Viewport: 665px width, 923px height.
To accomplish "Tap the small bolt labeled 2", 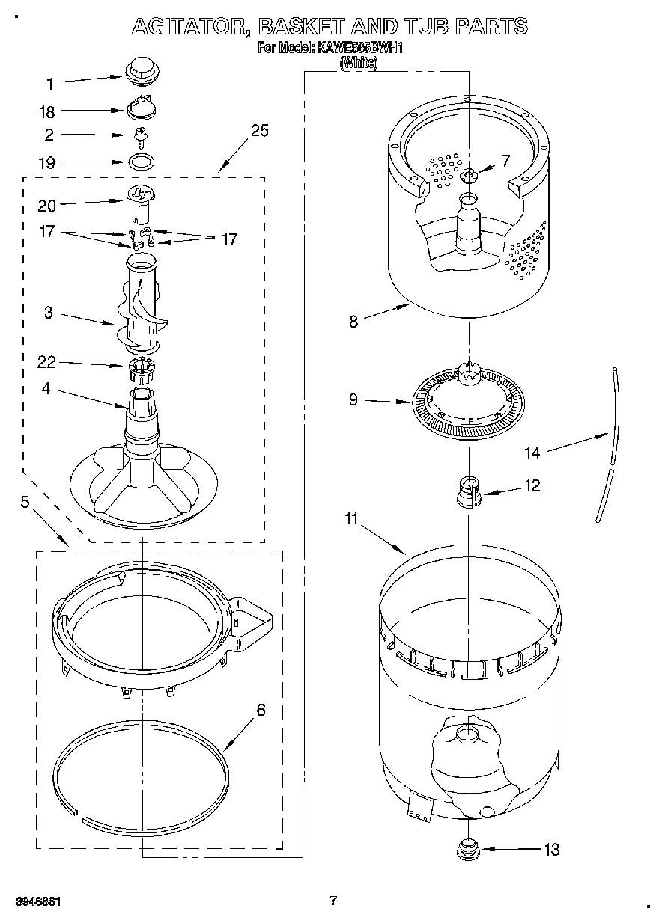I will pos(139,136).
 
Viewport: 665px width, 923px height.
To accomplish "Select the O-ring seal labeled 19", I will pos(139,161).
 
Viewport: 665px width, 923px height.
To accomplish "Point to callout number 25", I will pos(259,131).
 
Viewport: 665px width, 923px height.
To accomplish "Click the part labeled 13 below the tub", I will pos(470,849).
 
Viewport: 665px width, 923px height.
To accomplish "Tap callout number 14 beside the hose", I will pos(532,452).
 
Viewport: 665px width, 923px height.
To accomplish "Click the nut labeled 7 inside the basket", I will pos(469,175).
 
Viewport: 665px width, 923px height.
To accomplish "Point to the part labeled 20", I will pos(140,202).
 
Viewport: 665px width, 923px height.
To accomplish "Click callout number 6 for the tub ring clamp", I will pos(261,710).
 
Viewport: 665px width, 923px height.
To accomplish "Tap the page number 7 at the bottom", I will pos(333,901).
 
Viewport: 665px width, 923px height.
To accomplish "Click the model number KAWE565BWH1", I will pos(362,49).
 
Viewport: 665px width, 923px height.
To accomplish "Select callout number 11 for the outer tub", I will pos(352,518).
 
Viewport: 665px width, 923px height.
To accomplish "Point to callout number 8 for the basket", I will pos(353,322).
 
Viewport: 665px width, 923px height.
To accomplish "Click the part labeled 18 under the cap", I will pos(139,109).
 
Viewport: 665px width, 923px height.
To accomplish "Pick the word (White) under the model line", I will pos(359,64).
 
